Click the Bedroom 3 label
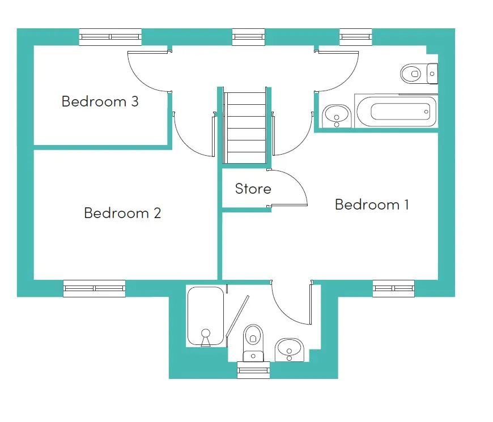100,101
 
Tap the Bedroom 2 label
122,213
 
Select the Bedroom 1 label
372,204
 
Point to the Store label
253,189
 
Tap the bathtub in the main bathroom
396,111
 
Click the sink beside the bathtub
337,116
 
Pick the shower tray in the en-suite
206,316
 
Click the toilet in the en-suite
253,343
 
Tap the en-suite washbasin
290,349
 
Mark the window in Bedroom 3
110,37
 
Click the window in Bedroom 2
94,288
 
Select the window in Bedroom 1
394,288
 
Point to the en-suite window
253,370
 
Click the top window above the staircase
248,37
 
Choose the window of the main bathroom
356,37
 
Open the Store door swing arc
297,180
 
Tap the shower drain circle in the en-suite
206,333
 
